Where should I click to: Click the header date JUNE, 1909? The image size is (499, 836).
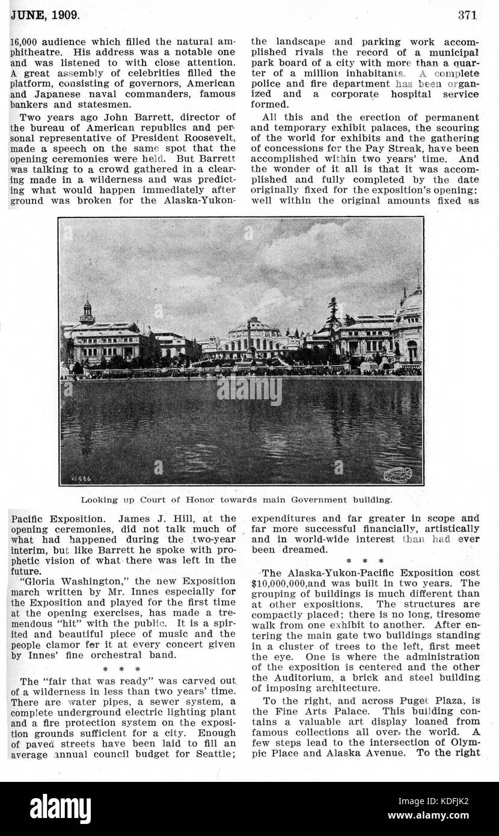[x=44, y=15]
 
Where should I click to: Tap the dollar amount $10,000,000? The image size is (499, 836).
[x=286, y=583]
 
